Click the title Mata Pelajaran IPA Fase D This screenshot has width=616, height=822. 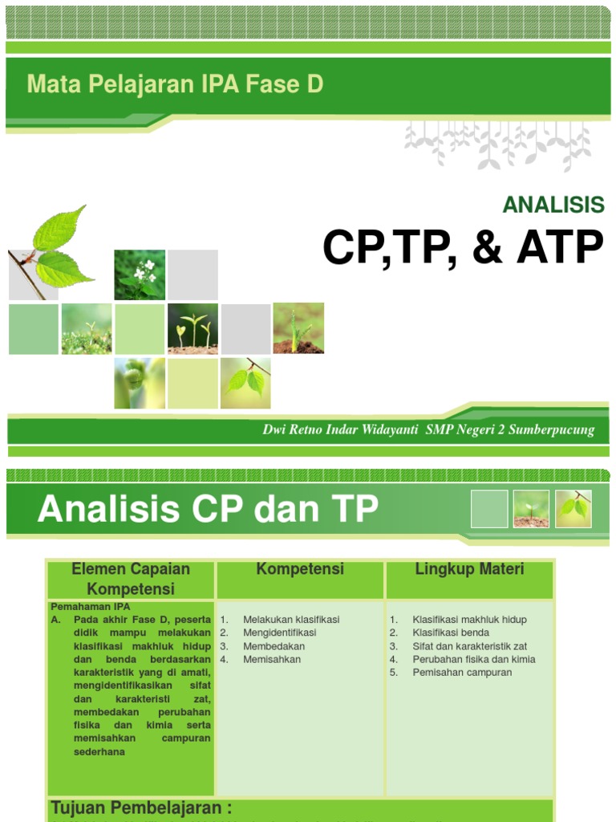tap(175, 84)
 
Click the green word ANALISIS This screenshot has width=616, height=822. tap(553, 205)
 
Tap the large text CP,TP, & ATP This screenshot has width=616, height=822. tap(463, 248)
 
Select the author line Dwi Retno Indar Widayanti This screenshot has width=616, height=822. tap(340, 429)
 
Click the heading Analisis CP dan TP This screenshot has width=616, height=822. tap(208, 509)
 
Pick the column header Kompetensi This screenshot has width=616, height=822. tap(300, 569)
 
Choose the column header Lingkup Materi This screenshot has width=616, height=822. tap(469, 569)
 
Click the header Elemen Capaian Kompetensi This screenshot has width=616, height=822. tap(131, 579)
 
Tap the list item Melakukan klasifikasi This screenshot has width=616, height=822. tap(291, 620)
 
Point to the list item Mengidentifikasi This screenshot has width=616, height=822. tap(279, 633)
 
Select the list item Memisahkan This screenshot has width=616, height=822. tap(272, 659)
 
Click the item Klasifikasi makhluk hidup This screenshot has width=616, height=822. tap(469, 620)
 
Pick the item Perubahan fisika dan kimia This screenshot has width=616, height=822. tap(474, 659)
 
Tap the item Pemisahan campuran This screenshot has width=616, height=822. tap(462, 673)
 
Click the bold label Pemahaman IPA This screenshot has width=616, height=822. tap(90, 607)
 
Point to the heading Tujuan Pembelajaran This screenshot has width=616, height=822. tap(141, 808)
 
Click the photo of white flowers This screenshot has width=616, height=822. tap(140, 275)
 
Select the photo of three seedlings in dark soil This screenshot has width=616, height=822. tap(192, 328)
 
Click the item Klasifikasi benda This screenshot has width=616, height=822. tap(451, 633)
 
